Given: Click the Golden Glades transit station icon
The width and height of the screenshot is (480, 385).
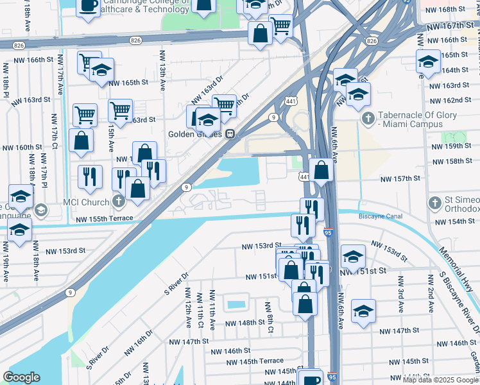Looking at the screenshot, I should click(x=229, y=135).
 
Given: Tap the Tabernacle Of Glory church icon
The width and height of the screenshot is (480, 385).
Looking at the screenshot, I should click(x=368, y=119).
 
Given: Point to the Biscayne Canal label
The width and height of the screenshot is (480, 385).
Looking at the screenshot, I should click(x=381, y=217).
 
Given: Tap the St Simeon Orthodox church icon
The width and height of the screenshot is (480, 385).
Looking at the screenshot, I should click(x=434, y=203).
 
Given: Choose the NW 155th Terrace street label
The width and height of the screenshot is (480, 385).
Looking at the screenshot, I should click(x=104, y=219).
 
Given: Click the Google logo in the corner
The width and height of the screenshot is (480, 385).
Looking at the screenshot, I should click(x=21, y=377).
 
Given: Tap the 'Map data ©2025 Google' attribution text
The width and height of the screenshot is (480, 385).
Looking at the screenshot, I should click(x=440, y=380).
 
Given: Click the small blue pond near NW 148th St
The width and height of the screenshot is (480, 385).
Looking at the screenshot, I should click(x=236, y=303).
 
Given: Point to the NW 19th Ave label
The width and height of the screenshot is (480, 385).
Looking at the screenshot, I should click(x=6, y=268).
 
